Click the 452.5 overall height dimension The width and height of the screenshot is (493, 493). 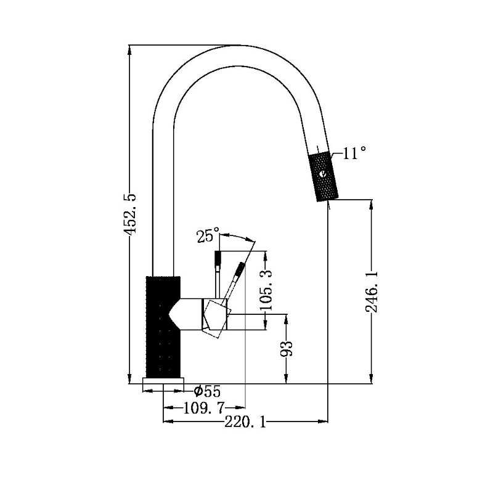point(129,214)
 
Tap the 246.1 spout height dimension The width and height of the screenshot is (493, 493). point(372,291)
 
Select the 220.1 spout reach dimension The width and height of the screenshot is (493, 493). point(245,422)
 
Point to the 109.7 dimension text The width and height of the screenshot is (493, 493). point(204,409)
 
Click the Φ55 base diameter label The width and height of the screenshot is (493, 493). point(207,391)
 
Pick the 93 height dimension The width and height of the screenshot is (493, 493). point(286,348)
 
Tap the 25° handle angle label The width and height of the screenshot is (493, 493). point(208,235)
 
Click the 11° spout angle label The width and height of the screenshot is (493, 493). point(354,153)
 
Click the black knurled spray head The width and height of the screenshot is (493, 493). point(324,177)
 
